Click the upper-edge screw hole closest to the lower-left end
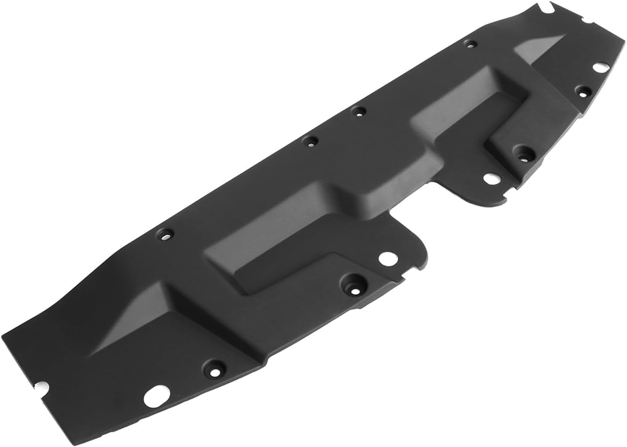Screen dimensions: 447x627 [165, 235]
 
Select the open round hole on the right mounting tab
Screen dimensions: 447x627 [490, 178]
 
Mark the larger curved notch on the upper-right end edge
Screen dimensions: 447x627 [548, 8]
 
